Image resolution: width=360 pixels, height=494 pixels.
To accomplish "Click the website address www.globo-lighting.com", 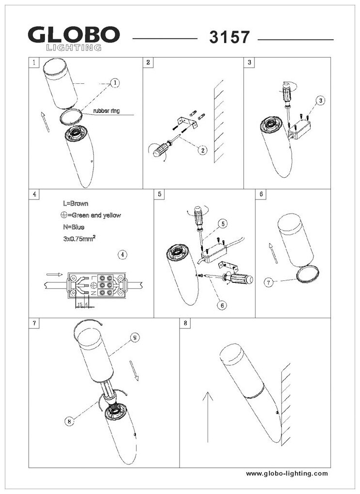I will pos(287,473).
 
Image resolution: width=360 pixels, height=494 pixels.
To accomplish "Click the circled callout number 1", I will pos(115,83).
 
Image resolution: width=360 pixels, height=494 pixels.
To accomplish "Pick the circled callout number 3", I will pos(320,101).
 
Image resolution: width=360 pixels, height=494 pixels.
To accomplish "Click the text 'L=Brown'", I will pos(75,204).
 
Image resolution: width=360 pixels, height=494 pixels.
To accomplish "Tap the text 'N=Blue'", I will pos(74,227).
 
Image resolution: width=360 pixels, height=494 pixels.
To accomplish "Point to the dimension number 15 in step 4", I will pos(79,304).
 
